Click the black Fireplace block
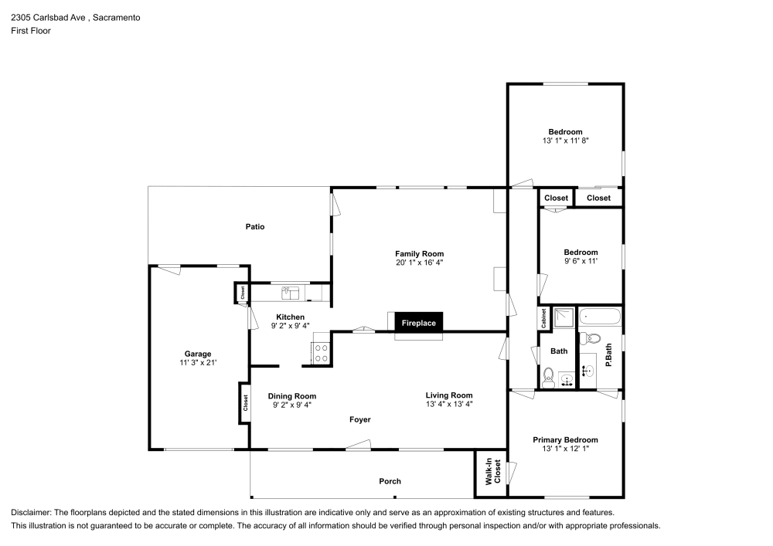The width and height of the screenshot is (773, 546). (418, 323)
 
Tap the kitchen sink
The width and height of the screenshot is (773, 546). (290, 292)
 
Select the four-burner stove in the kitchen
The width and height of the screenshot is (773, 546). (321, 354)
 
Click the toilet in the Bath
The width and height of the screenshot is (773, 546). (548, 376)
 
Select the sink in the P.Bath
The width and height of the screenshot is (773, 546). (587, 371)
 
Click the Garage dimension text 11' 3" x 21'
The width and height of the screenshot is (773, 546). (198, 363)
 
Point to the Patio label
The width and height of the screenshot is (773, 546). (255, 227)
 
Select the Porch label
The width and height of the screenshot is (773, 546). (390, 481)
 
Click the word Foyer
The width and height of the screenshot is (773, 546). (359, 419)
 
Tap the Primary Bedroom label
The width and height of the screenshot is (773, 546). (565, 440)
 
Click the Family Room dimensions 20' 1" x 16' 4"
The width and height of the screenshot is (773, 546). (419, 263)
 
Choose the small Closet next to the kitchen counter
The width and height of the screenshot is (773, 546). (242, 293)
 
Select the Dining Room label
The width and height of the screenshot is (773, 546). (292, 396)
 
